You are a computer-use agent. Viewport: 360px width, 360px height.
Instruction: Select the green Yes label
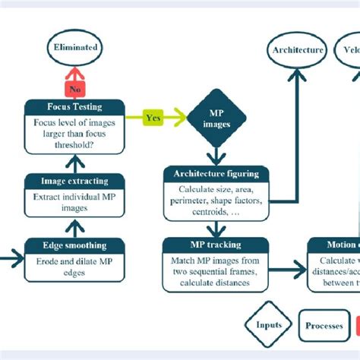(x=153, y=118)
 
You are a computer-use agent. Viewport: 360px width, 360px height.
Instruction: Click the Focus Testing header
(x=73, y=106)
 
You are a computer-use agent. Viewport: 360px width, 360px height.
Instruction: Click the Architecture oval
(x=297, y=51)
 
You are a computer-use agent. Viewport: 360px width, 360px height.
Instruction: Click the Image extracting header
(x=74, y=181)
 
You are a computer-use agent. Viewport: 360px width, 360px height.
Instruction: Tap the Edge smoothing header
(x=74, y=245)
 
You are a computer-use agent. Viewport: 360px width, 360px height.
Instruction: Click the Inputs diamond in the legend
(x=269, y=325)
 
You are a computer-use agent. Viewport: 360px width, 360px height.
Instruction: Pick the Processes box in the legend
(x=324, y=326)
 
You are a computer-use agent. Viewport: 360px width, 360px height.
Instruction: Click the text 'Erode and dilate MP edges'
(x=74, y=267)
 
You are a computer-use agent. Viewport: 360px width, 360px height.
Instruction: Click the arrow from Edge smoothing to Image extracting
(x=74, y=226)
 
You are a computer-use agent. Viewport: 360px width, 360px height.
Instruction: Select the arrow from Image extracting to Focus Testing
(x=74, y=162)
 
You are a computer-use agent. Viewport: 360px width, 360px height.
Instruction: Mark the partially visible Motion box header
(x=334, y=245)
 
